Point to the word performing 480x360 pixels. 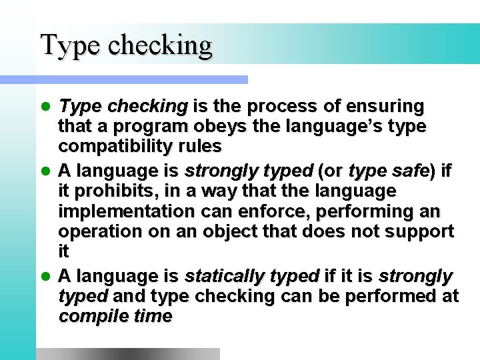point(373,211)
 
